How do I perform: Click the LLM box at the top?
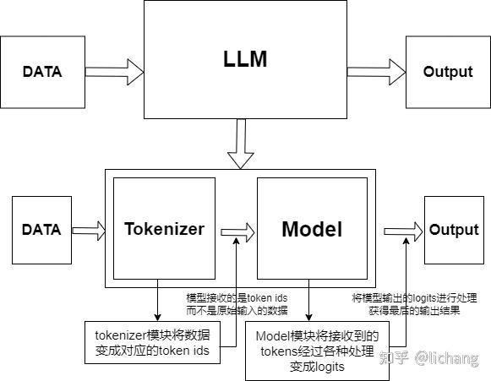(245, 59)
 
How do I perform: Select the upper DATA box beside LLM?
(41, 72)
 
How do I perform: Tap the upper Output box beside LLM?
(447, 72)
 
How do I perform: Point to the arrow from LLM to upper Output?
(375, 72)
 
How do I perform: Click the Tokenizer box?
(164, 229)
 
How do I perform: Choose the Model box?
(312, 229)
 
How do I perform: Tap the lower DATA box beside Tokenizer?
(41, 229)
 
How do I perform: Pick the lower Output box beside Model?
(454, 230)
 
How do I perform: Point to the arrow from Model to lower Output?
(403, 230)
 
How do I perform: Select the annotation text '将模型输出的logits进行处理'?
(414, 297)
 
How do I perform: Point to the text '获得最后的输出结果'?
(414, 310)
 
